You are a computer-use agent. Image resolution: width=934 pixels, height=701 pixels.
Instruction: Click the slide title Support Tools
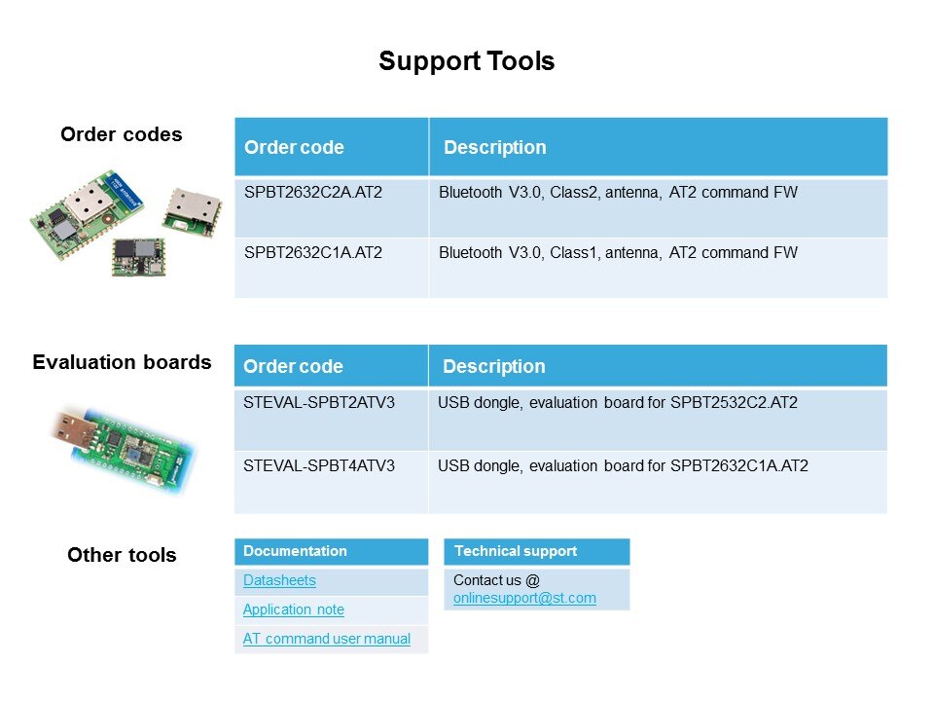[x=466, y=61]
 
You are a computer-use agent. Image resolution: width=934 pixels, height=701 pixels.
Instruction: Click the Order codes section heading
[x=121, y=134]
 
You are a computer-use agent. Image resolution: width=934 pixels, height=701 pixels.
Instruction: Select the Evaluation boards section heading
[x=122, y=362]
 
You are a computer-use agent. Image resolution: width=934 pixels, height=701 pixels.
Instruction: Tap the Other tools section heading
[x=122, y=555]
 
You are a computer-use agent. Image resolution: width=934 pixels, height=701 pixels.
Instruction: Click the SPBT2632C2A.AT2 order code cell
[x=313, y=193]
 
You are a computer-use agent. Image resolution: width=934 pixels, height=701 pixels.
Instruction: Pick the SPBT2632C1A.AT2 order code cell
[x=313, y=253]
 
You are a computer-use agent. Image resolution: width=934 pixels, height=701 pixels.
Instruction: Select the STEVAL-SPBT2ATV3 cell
[x=319, y=403]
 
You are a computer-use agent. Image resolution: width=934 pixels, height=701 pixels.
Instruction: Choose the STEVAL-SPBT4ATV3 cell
[x=319, y=466]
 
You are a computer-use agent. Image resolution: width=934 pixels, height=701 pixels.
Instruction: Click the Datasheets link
[x=279, y=580]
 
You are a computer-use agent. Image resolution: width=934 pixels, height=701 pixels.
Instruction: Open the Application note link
[x=293, y=609]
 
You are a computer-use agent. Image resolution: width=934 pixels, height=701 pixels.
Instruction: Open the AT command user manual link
[x=326, y=639]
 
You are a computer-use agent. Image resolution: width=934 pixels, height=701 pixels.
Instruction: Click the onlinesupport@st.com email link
[x=524, y=598]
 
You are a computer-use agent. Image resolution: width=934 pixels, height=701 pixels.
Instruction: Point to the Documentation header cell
[x=295, y=551]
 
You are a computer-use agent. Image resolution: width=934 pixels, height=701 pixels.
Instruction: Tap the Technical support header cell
[x=516, y=551]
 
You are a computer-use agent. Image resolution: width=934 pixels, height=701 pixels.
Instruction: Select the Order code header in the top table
[x=294, y=148]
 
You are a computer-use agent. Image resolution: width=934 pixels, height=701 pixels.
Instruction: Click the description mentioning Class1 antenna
[x=618, y=253]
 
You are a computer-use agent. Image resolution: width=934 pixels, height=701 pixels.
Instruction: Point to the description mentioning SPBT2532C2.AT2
[x=617, y=403]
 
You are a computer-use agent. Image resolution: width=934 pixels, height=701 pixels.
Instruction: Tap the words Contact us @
[x=489, y=579]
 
